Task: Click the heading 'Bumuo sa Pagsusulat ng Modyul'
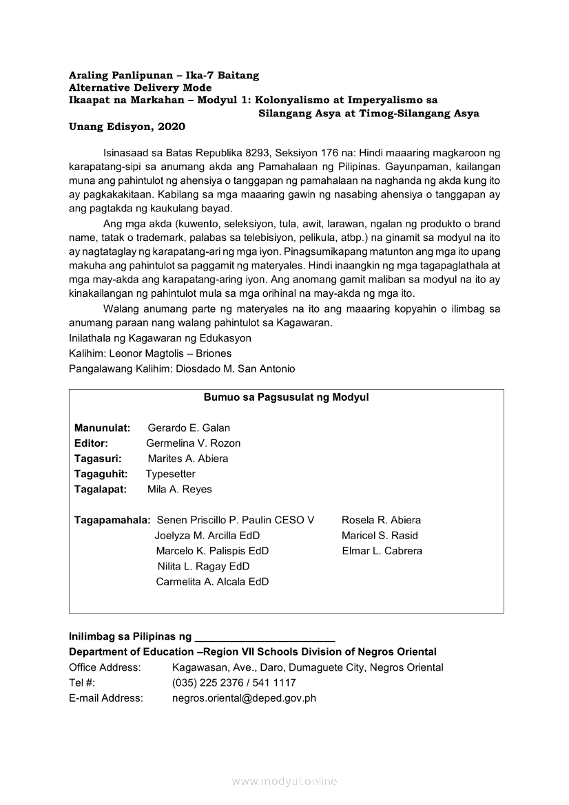click(x=286, y=397)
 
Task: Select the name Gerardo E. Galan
click(x=189, y=428)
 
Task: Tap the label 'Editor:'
click(x=91, y=443)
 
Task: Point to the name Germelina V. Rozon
click(x=193, y=443)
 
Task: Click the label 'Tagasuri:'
click(x=98, y=459)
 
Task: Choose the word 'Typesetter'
click(x=170, y=474)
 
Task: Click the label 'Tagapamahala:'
click(x=112, y=520)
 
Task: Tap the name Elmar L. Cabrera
click(x=382, y=551)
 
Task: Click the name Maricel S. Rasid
click(x=380, y=536)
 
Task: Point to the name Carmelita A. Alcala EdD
click(x=212, y=582)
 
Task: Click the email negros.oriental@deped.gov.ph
click(x=244, y=698)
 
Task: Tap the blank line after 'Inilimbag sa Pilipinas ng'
click(x=265, y=637)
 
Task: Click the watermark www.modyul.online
click(x=284, y=781)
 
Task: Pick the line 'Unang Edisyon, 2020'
click(x=127, y=127)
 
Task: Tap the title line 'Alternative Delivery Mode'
click(x=140, y=87)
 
